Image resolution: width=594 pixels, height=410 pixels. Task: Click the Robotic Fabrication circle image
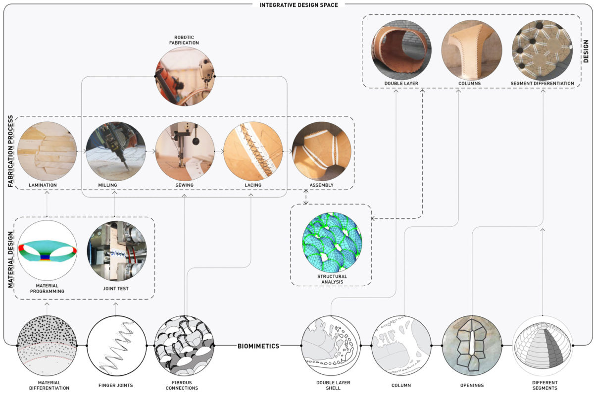point(185,76)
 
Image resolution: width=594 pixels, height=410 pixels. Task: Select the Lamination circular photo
point(47,152)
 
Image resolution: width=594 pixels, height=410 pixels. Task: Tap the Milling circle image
point(115,152)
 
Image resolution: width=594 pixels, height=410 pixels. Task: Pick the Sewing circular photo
point(185,152)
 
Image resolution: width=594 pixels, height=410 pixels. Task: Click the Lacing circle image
point(253,152)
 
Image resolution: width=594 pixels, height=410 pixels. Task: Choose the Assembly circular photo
point(321,152)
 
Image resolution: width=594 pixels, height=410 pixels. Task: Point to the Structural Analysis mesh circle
point(332,243)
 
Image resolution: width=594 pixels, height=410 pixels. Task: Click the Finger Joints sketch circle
point(117,346)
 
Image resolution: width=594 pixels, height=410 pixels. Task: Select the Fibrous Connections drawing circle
point(184,346)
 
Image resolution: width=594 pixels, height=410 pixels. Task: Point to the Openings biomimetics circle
point(472,346)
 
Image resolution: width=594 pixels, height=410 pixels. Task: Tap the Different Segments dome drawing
point(543,346)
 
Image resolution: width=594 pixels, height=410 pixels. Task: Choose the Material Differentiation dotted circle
point(47,346)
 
